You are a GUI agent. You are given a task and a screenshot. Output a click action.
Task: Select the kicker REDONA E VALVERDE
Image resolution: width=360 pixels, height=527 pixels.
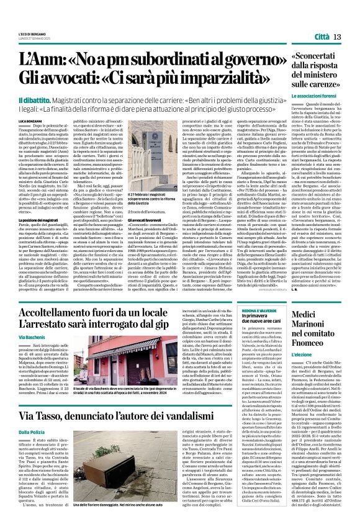[262, 310]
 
